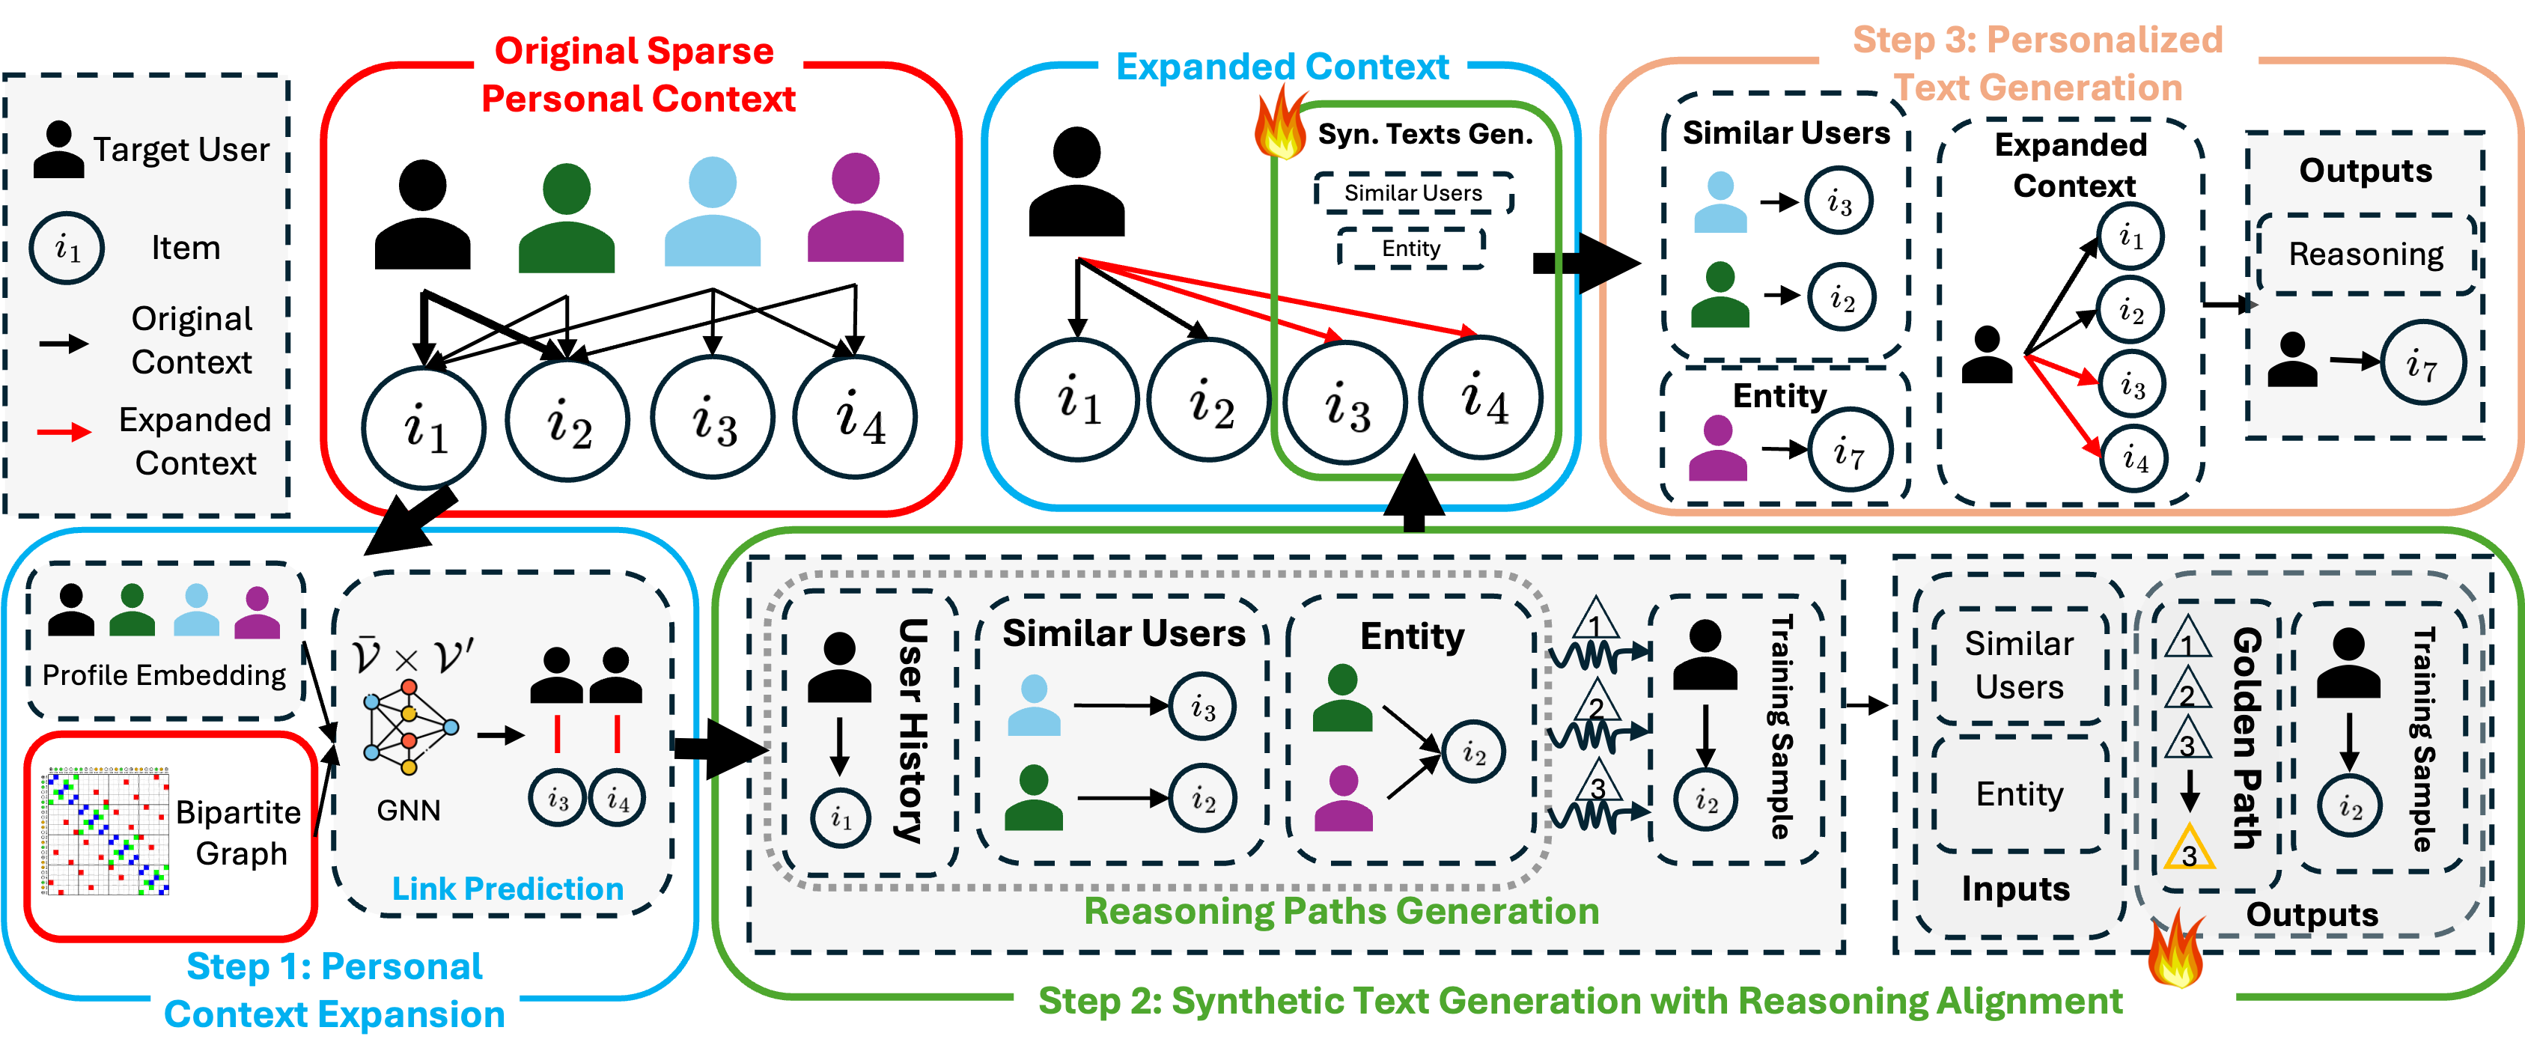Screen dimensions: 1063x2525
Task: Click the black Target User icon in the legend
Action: [x=59, y=150]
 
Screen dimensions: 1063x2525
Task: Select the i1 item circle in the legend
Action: [x=67, y=248]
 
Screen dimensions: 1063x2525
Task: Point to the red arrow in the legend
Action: [x=64, y=431]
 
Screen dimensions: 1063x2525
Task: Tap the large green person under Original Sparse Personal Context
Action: [x=567, y=219]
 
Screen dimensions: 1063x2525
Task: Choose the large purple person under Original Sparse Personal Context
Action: [x=855, y=208]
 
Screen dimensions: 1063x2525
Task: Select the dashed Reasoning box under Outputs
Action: [x=2366, y=254]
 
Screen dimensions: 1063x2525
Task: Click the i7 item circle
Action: [x=2422, y=363]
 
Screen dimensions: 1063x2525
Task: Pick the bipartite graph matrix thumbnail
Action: [x=105, y=832]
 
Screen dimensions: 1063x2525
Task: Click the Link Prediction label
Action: [x=508, y=889]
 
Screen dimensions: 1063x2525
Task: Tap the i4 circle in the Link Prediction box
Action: [x=618, y=799]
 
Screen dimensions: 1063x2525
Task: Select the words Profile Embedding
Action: [x=164, y=676]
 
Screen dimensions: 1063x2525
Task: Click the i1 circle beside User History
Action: [x=840, y=817]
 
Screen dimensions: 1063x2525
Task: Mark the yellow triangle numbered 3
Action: [x=2189, y=849]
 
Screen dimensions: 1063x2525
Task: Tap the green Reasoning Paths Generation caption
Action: [x=1341, y=911]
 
